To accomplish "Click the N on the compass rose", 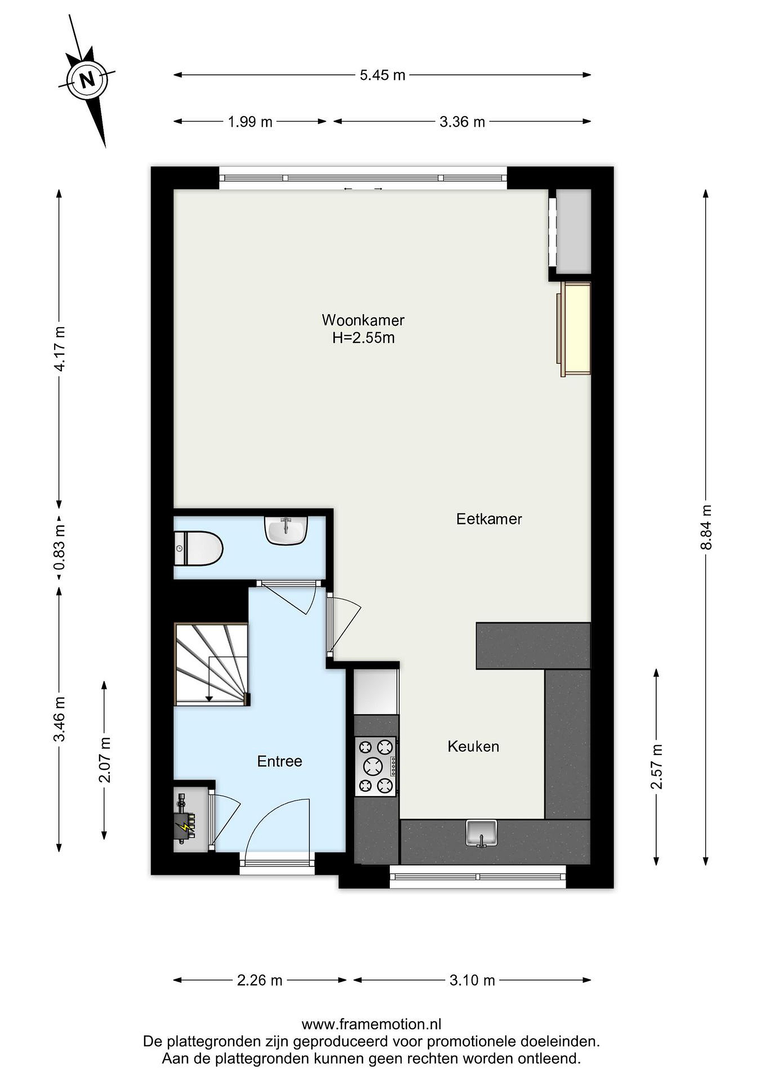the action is click(x=87, y=80).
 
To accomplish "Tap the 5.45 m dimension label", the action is click(x=382, y=75).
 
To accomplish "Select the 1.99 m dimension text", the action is click(x=250, y=122).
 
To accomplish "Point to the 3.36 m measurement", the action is click(x=462, y=122).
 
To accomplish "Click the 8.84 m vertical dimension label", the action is click(x=706, y=527).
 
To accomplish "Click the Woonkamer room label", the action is click(x=363, y=320).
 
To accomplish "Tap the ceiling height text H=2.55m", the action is click(x=363, y=338).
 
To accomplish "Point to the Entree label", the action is click(x=279, y=761).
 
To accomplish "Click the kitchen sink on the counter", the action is click(x=481, y=833).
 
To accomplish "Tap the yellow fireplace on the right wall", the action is click(x=574, y=329).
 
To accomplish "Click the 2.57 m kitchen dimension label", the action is click(x=657, y=766).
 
